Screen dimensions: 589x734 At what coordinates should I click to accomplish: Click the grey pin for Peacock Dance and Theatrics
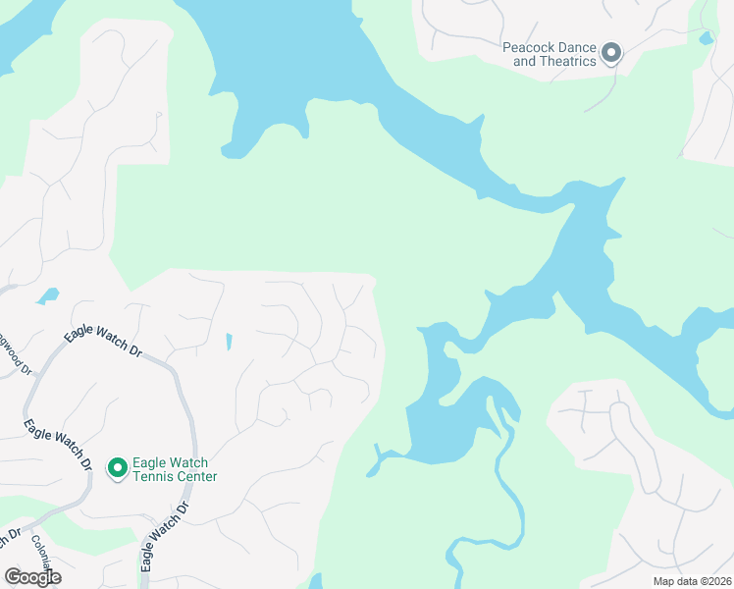[x=611, y=53]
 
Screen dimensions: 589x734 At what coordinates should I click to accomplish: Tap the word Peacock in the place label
[x=530, y=46]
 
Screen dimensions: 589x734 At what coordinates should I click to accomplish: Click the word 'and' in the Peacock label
[x=525, y=61]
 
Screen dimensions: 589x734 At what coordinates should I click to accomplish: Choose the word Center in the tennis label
[x=196, y=477]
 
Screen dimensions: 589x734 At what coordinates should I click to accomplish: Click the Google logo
[x=32, y=577]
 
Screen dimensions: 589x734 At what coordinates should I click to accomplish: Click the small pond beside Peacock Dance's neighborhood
[x=706, y=39]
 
